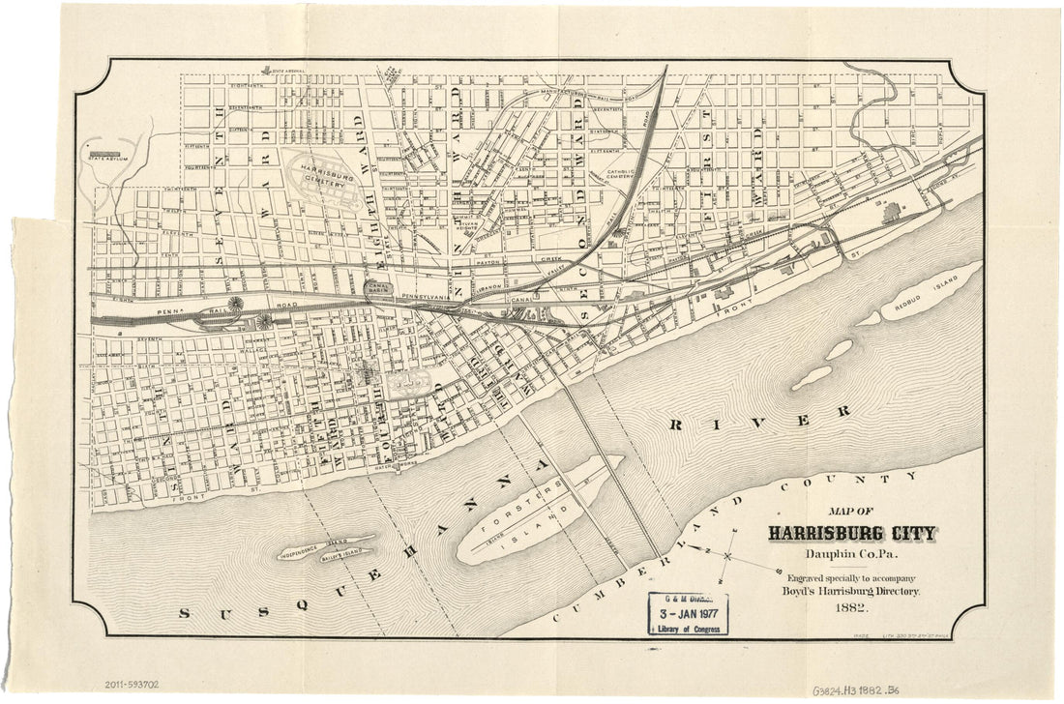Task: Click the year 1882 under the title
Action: pyautogui.click(x=850, y=608)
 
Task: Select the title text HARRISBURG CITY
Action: pyautogui.click(x=851, y=533)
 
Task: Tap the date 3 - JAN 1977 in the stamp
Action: pyautogui.click(x=688, y=614)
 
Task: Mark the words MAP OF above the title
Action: pyautogui.click(x=851, y=512)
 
